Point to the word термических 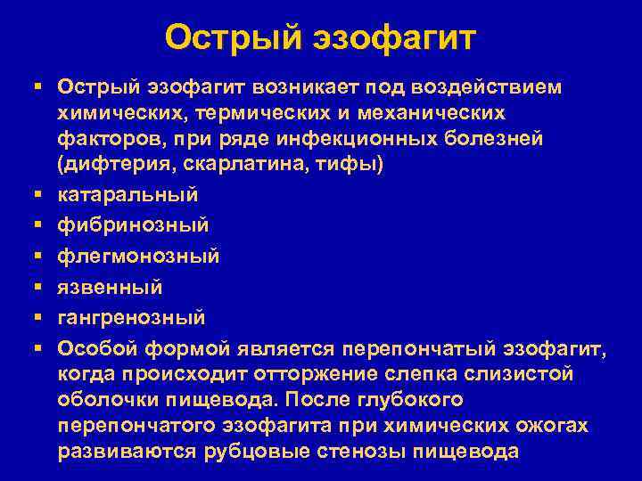tap(270, 114)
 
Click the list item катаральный tap(128, 194)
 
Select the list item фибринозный tap(133, 225)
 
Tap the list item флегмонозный tap(138, 256)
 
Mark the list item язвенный tap(110, 287)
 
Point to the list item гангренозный tap(131, 317)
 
